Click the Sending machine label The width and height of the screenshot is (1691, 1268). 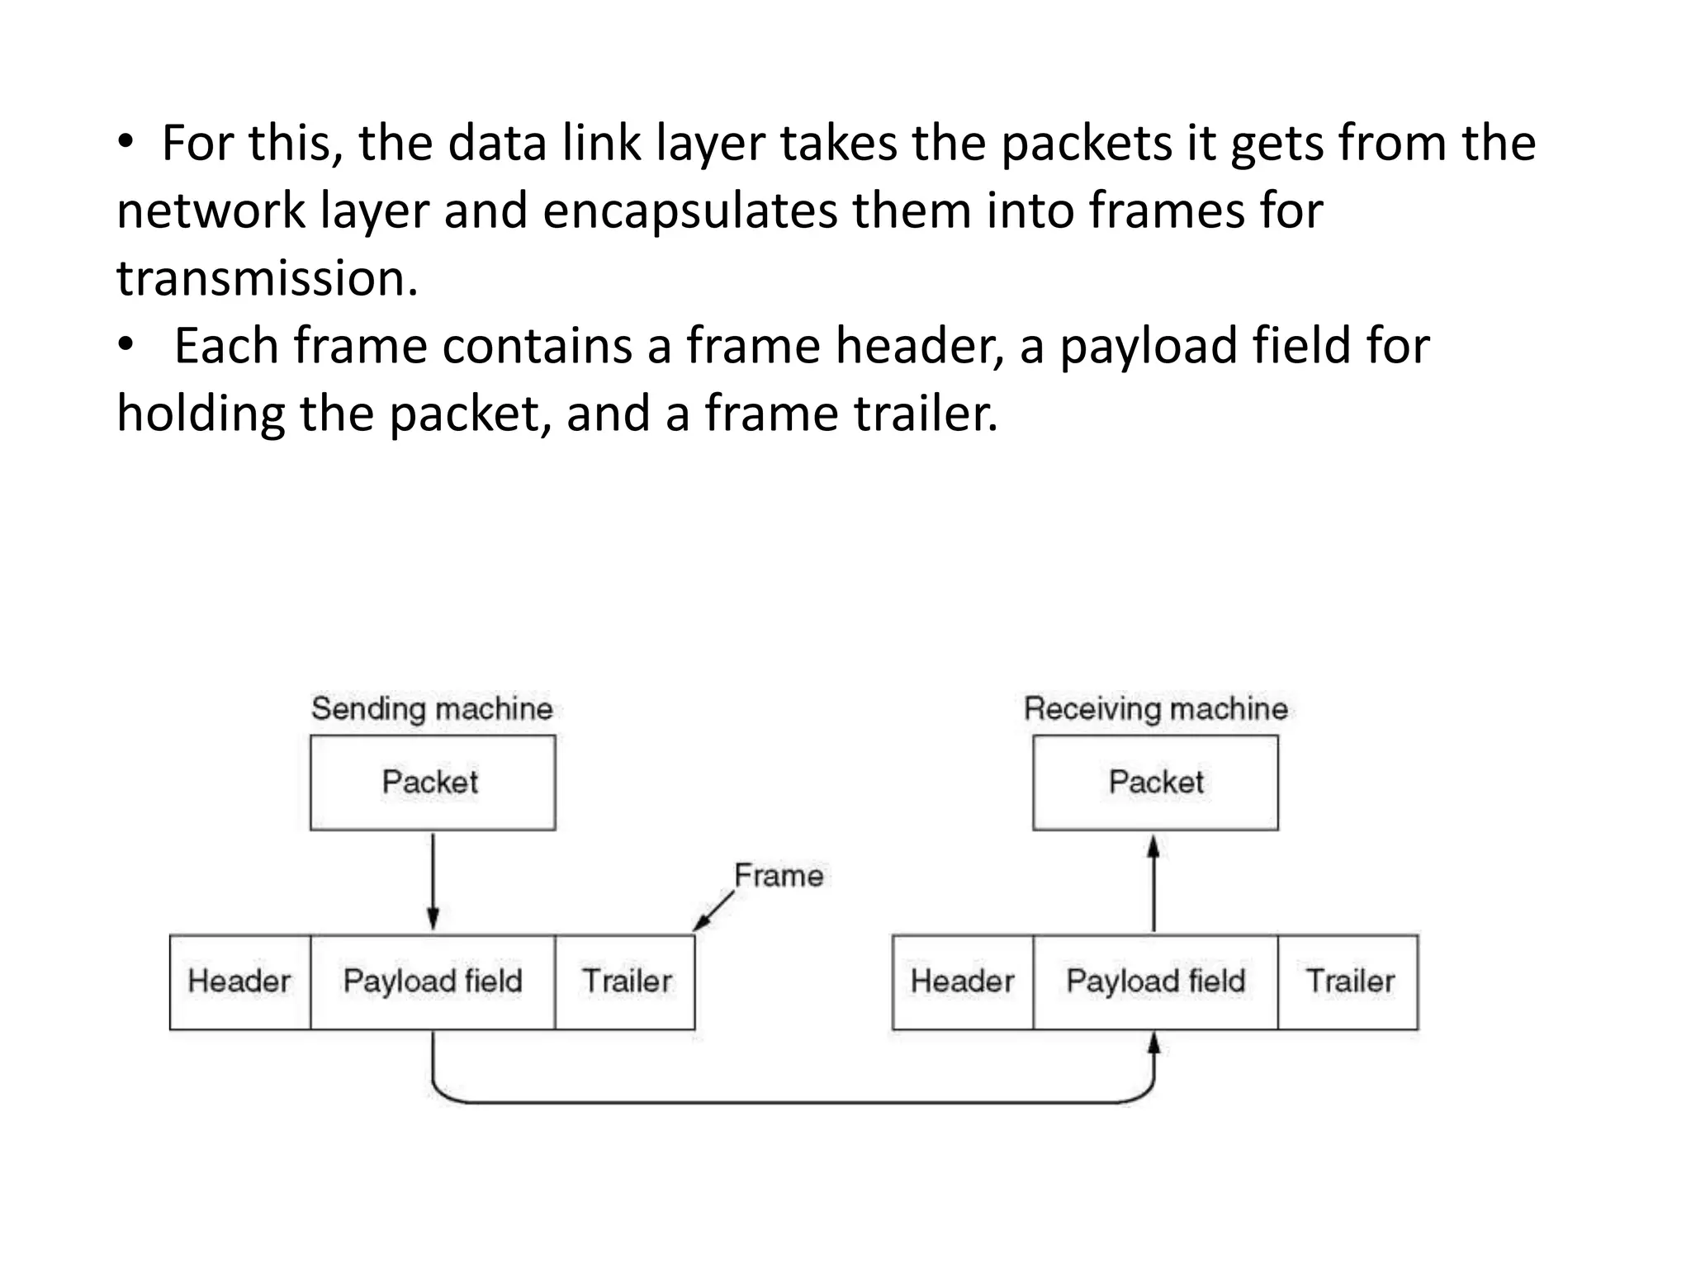[x=432, y=709]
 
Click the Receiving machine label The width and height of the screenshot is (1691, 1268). [x=1155, y=709]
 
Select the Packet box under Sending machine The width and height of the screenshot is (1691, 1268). [x=432, y=783]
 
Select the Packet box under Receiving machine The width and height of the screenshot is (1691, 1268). [x=1155, y=783]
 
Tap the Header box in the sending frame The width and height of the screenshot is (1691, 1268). [x=239, y=982]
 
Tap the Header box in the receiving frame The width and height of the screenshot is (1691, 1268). [x=962, y=982]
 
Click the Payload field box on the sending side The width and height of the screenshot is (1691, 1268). [x=432, y=982]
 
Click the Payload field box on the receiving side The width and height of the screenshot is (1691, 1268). [x=1155, y=982]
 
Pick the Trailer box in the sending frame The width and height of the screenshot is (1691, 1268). [x=625, y=982]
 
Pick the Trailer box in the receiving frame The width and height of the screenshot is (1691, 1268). [x=1348, y=982]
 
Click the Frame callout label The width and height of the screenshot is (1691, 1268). [x=779, y=876]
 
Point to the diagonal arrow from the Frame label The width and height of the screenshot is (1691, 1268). [x=713, y=911]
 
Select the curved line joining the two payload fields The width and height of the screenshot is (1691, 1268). [x=793, y=1101]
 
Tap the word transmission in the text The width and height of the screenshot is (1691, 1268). [x=267, y=278]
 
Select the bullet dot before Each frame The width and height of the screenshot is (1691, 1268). [x=125, y=345]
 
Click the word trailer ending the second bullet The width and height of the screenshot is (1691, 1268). [x=925, y=414]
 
